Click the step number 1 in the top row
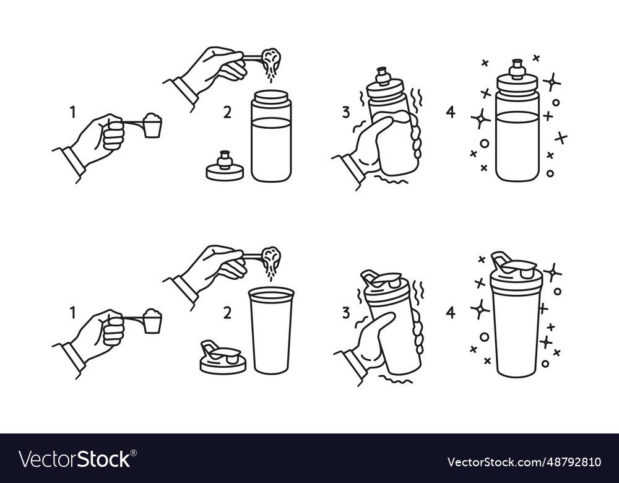pos(73,112)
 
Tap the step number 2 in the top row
pos(227,112)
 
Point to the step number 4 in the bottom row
pos(450,312)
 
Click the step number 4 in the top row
pos(450,112)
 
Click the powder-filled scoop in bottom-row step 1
pos(152,321)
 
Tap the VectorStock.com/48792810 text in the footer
pos(524,462)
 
